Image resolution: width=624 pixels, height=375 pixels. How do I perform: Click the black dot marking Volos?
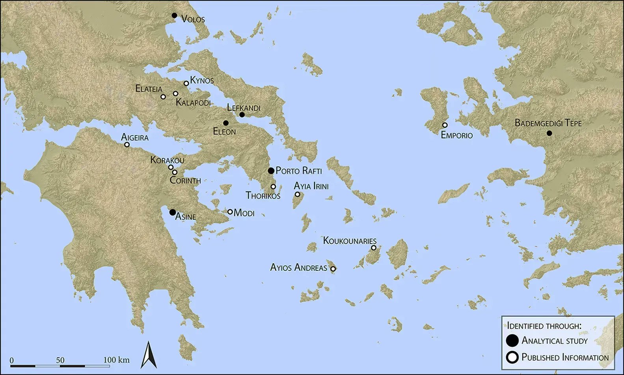click(174, 15)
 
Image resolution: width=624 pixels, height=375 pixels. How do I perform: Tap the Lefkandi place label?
click(244, 108)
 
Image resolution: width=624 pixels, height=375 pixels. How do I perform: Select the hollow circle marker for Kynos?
click(186, 83)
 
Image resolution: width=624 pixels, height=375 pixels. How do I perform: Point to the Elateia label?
click(149, 89)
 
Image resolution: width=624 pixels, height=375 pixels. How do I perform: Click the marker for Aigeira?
click(127, 145)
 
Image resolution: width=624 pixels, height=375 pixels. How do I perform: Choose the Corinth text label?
click(185, 181)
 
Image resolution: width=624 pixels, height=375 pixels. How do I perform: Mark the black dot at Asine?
click(172, 212)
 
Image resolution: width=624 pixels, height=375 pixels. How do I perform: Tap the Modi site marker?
click(230, 212)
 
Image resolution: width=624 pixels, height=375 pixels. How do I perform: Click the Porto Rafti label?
click(298, 171)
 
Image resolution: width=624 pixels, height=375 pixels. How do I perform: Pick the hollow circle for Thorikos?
click(273, 187)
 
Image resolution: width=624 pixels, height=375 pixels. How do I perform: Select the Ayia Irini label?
click(311, 186)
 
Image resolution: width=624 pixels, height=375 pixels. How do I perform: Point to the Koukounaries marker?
click(374, 248)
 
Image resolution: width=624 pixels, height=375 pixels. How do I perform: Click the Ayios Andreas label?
click(298, 268)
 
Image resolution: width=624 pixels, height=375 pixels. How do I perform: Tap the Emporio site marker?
click(445, 125)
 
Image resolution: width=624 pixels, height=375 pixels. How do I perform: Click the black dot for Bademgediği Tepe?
click(549, 133)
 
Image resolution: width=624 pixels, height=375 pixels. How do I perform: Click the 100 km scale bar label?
click(116, 360)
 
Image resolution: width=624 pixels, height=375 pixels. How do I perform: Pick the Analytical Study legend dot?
click(512, 341)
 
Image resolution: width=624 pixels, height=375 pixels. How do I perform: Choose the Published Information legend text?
click(565, 358)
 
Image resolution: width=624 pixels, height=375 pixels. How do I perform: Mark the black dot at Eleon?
click(226, 123)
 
